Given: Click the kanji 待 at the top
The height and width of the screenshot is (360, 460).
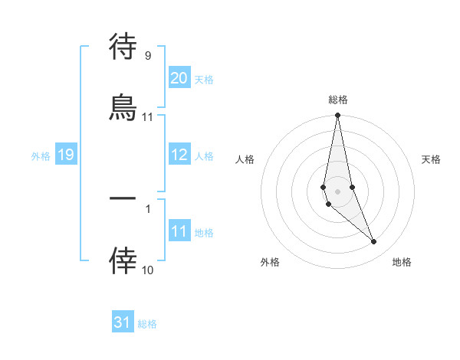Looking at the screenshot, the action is pyautogui.click(x=123, y=47).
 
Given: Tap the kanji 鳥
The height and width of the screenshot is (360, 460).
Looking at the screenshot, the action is pyautogui.click(x=123, y=107).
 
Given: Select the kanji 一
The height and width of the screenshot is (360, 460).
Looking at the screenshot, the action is pyautogui.click(x=123, y=198).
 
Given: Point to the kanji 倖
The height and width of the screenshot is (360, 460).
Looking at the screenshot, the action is pyautogui.click(x=123, y=261).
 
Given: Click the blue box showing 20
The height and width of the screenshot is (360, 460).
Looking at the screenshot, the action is pyautogui.click(x=179, y=78).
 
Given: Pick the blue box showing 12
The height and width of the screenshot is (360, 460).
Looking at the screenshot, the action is pyautogui.click(x=179, y=155).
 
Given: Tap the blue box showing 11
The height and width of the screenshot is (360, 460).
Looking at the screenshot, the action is pyautogui.click(x=179, y=231).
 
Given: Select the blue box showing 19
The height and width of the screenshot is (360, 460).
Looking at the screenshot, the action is pyautogui.click(x=65, y=155).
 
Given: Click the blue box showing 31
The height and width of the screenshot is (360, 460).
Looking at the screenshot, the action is pyautogui.click(x=123, y=322).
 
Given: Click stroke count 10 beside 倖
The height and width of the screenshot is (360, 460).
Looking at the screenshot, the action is pyautogui.click(x=147, y=270).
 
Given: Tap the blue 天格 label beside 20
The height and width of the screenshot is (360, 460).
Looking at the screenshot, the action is pyautogui.click(x=204, y=80).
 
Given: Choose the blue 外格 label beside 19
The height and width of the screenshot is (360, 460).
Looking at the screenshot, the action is pyautogui.click(x=41, y=156).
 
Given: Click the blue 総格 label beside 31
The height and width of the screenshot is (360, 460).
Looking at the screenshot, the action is pyautogui.click(x=147, y=324).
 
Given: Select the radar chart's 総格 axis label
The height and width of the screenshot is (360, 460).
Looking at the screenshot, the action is pyautogui.click(x=338, y=100).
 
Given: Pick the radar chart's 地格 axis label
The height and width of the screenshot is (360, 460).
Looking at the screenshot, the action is pyautogui.click(x=402, y=262).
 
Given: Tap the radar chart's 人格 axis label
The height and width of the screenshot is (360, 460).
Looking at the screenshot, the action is pyautogui.click(x=245, y=159).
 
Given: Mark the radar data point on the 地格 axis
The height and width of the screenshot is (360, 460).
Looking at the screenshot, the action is pyautogui.click(x=374, y=242).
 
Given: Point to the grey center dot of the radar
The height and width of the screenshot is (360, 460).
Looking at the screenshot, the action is pyautogui.click(x=338, y=191).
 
